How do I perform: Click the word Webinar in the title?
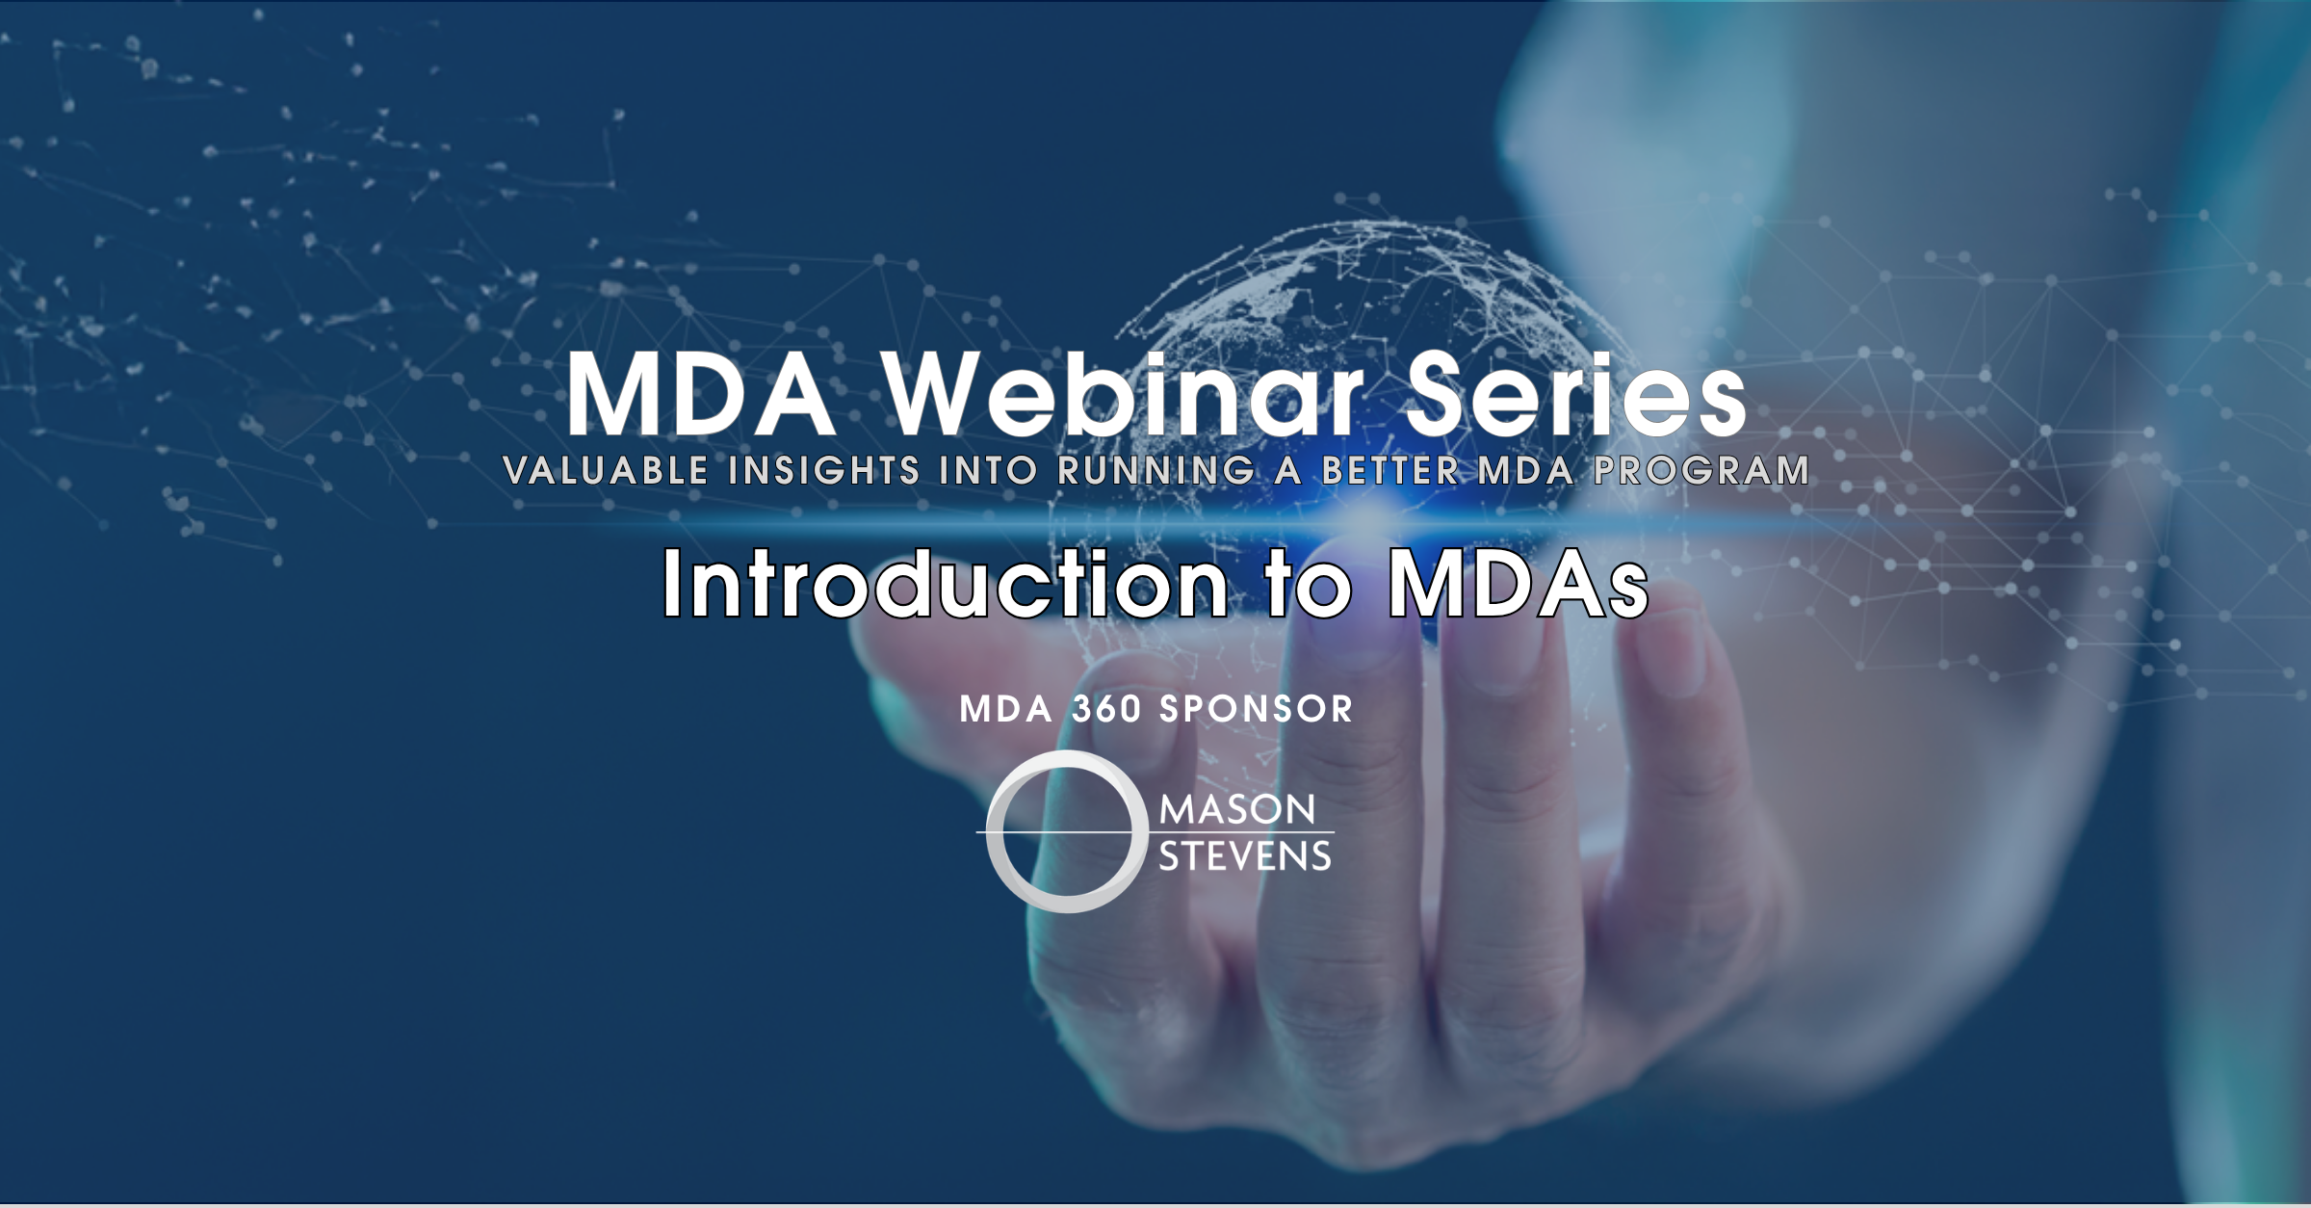[x=1125, y=395]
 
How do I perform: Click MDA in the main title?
[x=701, y=395]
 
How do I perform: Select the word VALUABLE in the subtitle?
[x=606, y=470]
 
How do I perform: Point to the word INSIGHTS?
[x=824, y=470]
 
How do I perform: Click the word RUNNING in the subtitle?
[x=1156, y=470]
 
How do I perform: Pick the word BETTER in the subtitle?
[x=1390, y=470]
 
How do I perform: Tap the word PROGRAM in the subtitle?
[x=1701, y=470]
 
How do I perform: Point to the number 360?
[x=1106, y=710]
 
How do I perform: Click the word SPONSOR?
[x=1256, y=710]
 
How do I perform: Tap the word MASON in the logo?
[x=1237, y=810]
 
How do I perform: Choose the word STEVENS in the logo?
[x=1244, y=856]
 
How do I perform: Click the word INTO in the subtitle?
[x=988, y=470]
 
